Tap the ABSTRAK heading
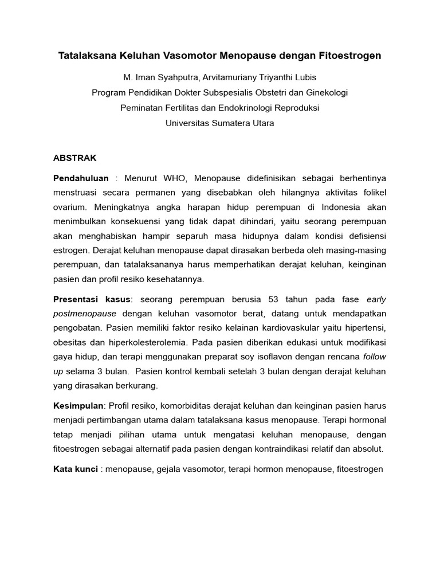point(74,157)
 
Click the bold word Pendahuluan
point(81,178)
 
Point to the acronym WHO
point(175,178)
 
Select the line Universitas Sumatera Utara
point(219,123)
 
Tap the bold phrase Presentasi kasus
point(92,299)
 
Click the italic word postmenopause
point(85,314)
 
